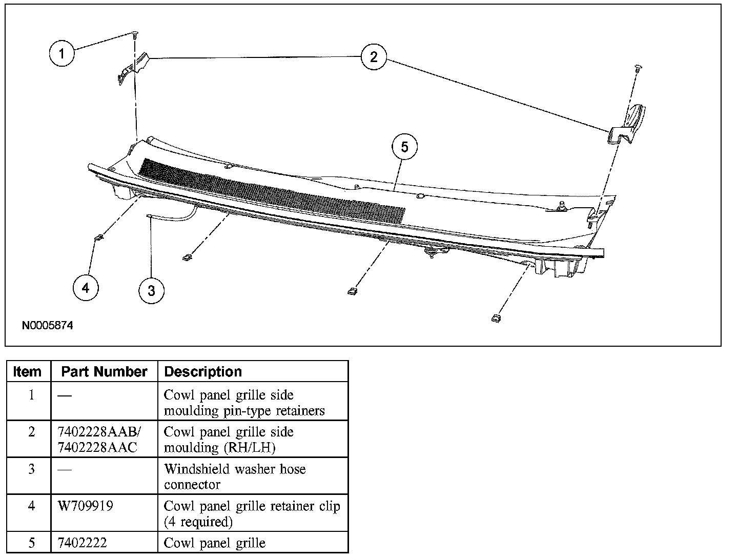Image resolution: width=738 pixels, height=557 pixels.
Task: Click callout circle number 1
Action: click(x=62, y=53)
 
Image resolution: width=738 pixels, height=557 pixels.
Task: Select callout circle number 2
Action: click(x=373, y=56)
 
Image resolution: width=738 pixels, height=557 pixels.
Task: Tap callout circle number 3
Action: click(x=151, y=290)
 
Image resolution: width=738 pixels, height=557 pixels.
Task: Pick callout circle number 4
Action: click(x=85, y=288)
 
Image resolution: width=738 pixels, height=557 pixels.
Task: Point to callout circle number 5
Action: click(x=404, y=147)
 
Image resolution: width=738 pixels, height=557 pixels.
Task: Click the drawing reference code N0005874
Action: click(x=48, y=326)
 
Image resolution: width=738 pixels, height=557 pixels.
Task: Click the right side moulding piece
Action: click(x=628, y=124)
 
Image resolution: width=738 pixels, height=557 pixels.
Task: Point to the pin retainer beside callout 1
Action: click(x=134, y=35)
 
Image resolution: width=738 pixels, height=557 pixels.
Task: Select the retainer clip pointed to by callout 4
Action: click(x=98, y=237)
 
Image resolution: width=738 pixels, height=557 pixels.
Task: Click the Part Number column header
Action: click(x=104, y=371)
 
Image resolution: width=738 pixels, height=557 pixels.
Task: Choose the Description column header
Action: click(x=203, y=371)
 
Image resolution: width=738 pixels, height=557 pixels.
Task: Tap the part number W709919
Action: click(x=86, y=506)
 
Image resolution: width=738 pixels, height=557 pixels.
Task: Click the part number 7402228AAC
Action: click(x=97, y=447)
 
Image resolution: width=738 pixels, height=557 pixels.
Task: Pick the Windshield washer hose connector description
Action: click(x=235, y=476)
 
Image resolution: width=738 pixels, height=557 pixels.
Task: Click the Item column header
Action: click(x=27, y=371)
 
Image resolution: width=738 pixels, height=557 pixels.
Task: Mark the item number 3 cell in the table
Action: click(x=31, y=469)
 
